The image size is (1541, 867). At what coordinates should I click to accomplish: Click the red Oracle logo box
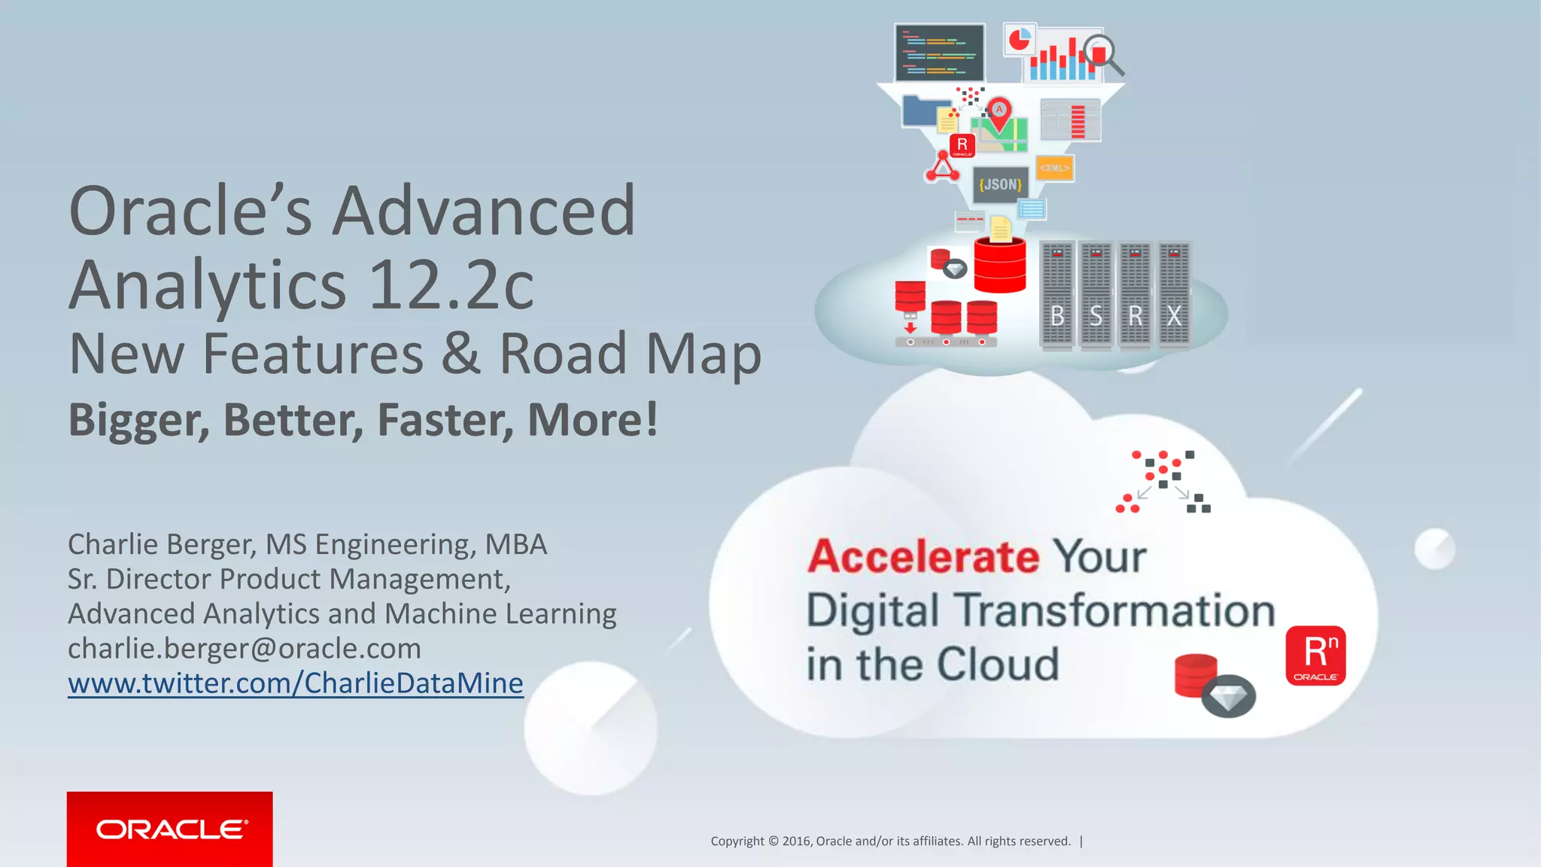click(x=169, y=829)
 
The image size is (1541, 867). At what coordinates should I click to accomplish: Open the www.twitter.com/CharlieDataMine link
click(x=295, y=683)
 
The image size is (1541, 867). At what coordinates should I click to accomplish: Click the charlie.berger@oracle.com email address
click(x=244, y=648)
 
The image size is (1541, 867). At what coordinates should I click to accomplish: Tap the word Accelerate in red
click(x=923, y=556)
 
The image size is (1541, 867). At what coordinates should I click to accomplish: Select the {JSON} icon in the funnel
click(x=1000, y=184)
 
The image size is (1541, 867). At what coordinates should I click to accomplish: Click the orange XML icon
click(x=1054, y=168)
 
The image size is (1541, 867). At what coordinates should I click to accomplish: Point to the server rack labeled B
click(x=1057, y=296)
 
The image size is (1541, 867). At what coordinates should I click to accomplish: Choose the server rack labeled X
click(x=1174, y=296)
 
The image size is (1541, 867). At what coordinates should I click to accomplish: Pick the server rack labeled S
click(x=1096, y=296)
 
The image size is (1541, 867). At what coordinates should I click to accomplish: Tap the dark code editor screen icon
click(x=939, y=53)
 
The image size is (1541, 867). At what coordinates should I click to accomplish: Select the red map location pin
click(x=999, y=111)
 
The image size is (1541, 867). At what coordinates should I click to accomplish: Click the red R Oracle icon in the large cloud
click(x=1315, y=655)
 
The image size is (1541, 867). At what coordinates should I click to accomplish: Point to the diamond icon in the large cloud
click(x=1228, y=697)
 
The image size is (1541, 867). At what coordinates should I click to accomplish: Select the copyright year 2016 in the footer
click(x=796, y=841)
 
